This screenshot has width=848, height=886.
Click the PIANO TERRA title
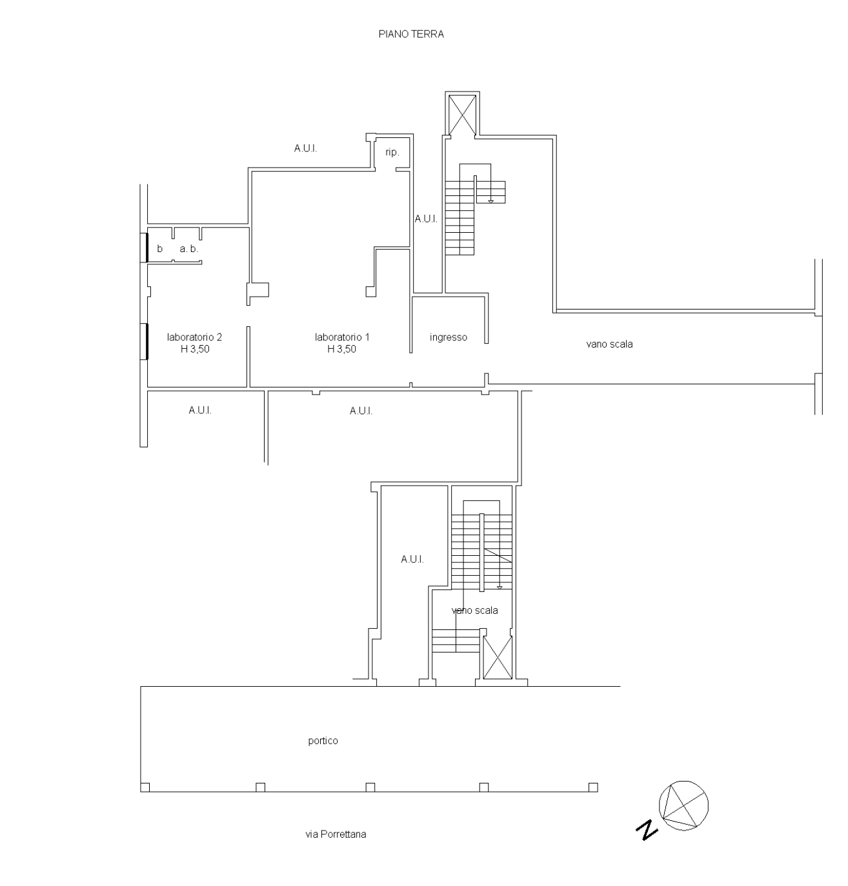click(x=411, y=34)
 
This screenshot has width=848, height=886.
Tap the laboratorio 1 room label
click(x=342, y=337)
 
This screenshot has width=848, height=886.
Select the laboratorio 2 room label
click(x=194, y=337)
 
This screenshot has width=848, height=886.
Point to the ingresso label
click(x=449, y=337)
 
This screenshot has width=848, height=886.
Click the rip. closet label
click(x=392, y=153)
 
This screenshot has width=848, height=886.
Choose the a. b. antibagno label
click(x=189, y=249)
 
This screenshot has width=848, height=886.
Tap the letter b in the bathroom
click(x=160, y=249)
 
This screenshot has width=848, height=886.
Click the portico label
click(x=323, y=741)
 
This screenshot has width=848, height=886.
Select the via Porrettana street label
click(x=336, y=834)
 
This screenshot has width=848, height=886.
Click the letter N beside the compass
click(x=647, y=830)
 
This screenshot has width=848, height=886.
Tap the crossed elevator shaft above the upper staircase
click(x=463, y=114)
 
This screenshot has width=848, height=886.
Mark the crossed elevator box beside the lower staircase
click(x=497, y=657)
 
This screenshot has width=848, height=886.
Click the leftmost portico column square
click(x=145, y=787)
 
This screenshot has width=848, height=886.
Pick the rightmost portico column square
click(x=593, y=787)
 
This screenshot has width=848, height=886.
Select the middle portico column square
click(x=370, y=787)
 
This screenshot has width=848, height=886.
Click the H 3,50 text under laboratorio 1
click(x=342, y=349)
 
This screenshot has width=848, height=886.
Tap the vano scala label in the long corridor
click(x=609, y=344)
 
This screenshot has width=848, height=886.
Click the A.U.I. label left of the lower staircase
click(x=412, y=560)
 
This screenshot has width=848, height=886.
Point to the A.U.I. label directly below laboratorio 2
click(x=200, y=410)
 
